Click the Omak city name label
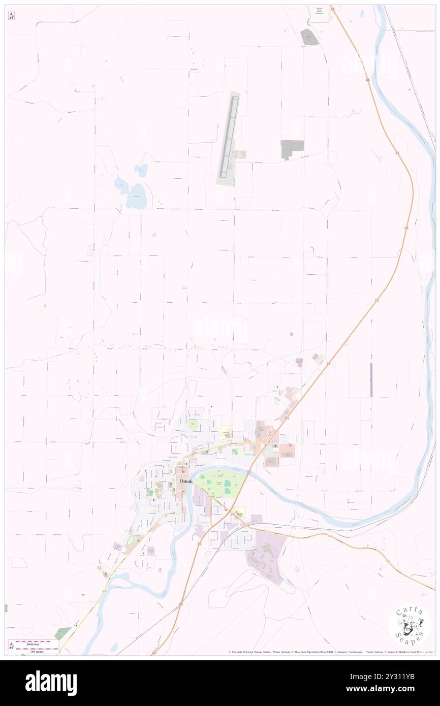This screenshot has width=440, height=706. [185, 481]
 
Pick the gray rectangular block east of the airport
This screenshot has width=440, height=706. [292, 148]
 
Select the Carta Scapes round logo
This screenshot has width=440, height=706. [410, 626]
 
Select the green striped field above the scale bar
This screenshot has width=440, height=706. [63, 633]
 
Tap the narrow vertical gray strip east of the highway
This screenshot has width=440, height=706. [371, 380]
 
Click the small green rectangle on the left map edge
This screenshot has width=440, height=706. [6, 608]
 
